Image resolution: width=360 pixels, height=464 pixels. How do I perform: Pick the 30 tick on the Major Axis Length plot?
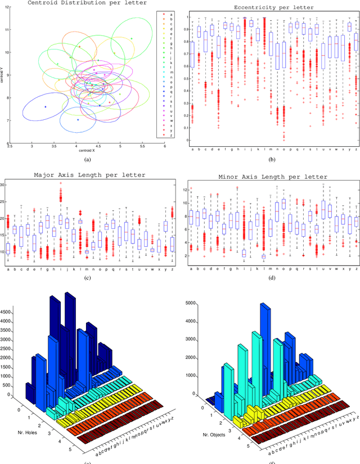3,185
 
